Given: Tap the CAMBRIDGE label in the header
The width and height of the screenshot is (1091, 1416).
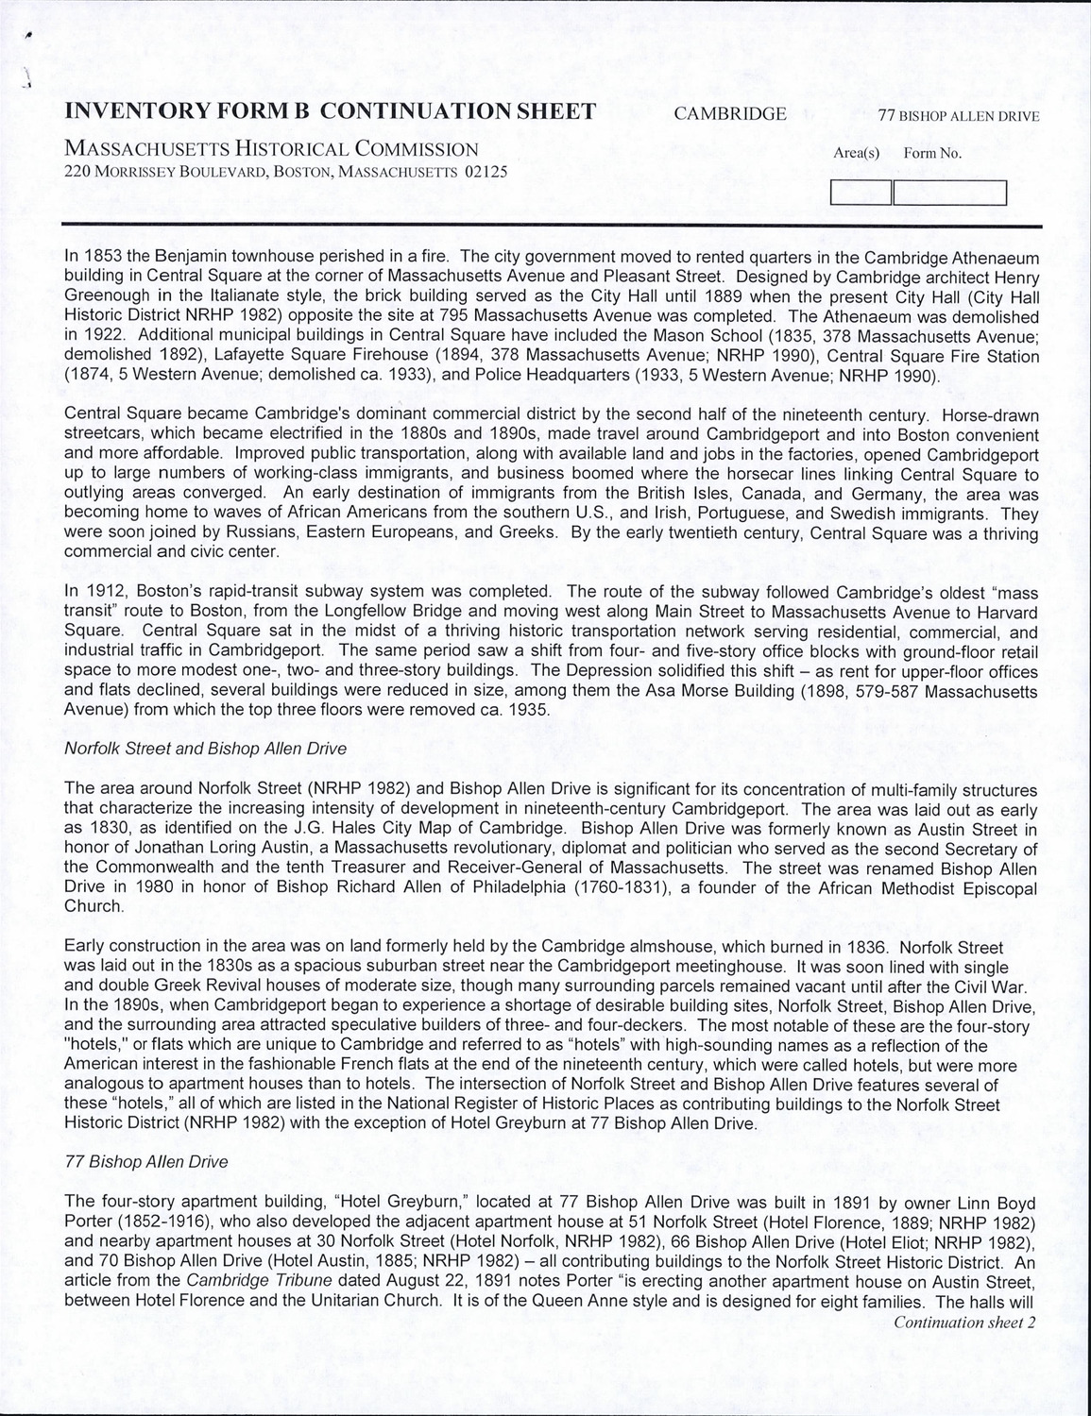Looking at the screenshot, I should pyautogui.click(x=729, y=114).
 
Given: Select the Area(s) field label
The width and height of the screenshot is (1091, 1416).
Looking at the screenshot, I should pyautogui.click(x=857, y=153).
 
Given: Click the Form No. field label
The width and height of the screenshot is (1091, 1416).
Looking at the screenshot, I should pyautogui.click(x=932, y=153).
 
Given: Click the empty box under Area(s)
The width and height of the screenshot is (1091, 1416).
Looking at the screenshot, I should pyautogui.click(x=861, y=193).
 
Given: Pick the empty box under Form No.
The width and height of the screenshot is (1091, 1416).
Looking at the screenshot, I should pyautogui.click(x=950, y=193).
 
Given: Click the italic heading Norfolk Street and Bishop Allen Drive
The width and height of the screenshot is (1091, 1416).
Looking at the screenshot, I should pyautogui.click(x=205, y=748).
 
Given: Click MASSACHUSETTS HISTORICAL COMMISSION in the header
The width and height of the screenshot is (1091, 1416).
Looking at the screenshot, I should pyautogui.click(x=270, y=149).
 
